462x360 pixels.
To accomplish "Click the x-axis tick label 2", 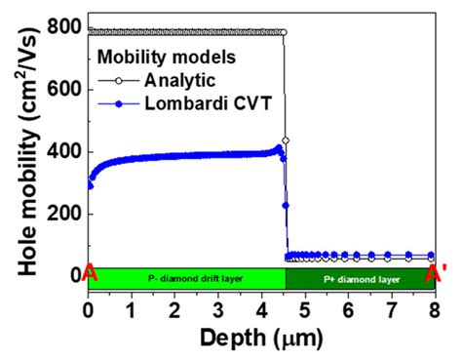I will tap(175, 309).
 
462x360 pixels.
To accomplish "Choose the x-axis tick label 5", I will tap(305, 309).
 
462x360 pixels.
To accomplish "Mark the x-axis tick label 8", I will tap(435, 309).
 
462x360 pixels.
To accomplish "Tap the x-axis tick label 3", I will tap(218, 309).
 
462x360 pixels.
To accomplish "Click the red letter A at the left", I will tap(90, 276).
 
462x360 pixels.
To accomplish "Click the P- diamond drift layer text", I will tap(185, 278).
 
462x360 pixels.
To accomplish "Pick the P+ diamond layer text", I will tap(357, 278).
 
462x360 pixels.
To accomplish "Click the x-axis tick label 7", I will tap(392, 309).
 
